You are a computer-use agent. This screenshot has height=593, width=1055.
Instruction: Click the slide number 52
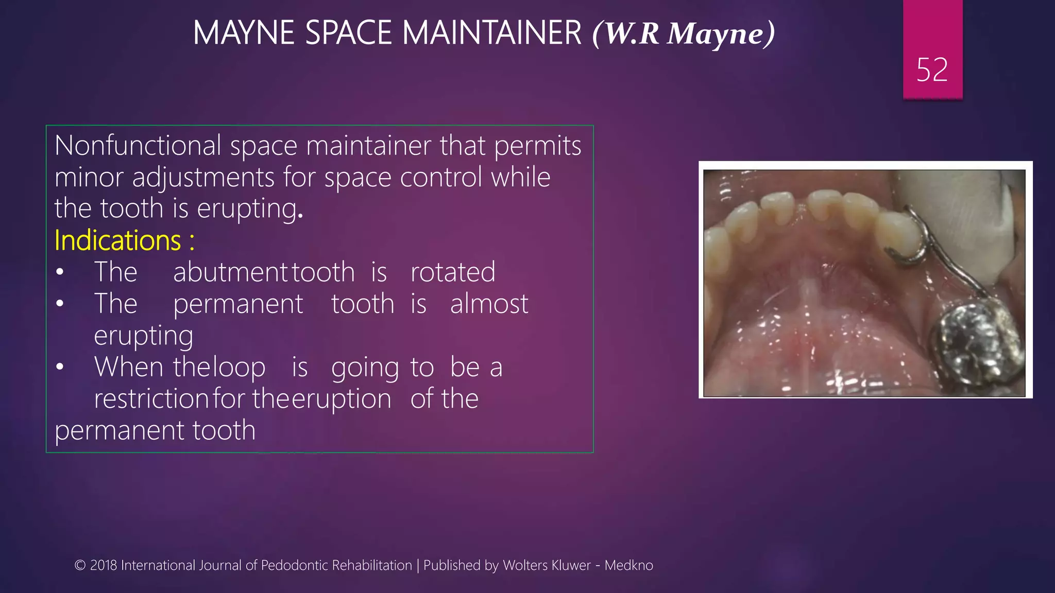pos(932,70)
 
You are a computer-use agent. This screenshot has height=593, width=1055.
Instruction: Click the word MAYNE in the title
pos(243,33)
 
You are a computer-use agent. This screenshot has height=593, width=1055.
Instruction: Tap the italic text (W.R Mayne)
pos(684,34)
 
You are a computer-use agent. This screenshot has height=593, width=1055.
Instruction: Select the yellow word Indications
pos(117,240)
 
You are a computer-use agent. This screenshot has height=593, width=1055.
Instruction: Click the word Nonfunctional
pos(138,146)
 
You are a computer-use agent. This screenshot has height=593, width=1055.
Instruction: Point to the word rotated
pos(452,272)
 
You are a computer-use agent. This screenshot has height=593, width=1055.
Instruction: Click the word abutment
pos(230,272)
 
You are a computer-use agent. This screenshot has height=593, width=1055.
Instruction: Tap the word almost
pos(489,304)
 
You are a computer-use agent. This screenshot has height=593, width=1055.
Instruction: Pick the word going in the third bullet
pos(365,368)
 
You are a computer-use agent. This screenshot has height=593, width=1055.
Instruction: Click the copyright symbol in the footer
pos(80,565)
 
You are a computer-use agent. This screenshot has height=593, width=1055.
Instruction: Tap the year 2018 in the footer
pos(104,565)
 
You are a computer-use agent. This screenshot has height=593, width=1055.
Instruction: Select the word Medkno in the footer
pos(628,565)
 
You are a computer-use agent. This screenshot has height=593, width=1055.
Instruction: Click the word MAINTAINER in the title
pos(491,33)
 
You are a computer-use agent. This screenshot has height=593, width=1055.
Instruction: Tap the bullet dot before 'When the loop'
pos(60,367)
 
